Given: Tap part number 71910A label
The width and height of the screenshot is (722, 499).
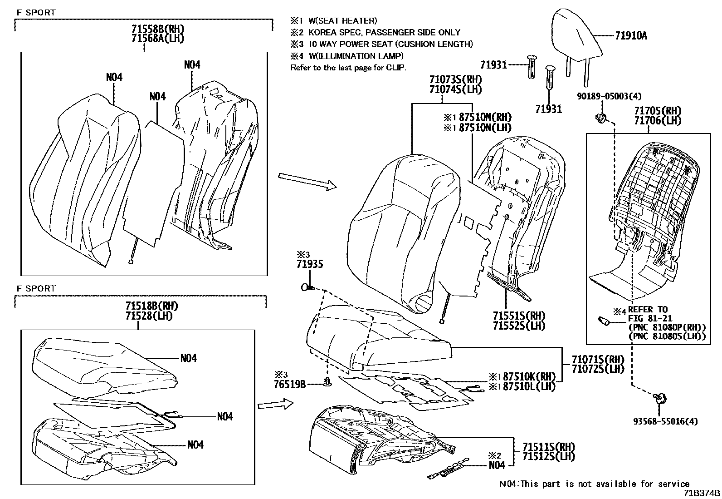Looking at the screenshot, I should (x=631, y=36).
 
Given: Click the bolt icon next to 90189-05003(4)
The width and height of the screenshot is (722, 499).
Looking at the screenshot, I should (x=601, y=118).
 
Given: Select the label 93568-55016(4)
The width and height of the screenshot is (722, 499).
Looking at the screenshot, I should (x=665, y=421).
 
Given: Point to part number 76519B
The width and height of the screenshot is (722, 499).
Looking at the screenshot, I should (x=289, y=385).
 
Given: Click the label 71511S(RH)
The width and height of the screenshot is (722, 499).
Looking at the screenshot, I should (x=541, y=447).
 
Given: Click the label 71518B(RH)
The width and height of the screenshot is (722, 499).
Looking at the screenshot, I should (x=151, y=306).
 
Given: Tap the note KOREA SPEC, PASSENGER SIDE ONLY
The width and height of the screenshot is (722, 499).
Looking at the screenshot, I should (x=384, y=32).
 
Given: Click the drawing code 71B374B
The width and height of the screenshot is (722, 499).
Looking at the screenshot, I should (x=702, y=493).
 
